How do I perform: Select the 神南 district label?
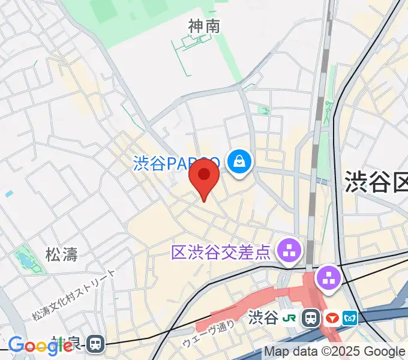point(204,26)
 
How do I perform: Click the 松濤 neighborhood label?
point(62,254)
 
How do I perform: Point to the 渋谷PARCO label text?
point(176,163)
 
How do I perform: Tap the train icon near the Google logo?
point(95,343)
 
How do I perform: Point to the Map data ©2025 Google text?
point(334,352)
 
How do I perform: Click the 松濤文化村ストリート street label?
point(73,295)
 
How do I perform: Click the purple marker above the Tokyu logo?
point(329,278)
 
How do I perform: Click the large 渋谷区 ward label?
point(376,181)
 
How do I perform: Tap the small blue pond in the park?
point(23,259)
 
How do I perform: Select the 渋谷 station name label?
point(263,317)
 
